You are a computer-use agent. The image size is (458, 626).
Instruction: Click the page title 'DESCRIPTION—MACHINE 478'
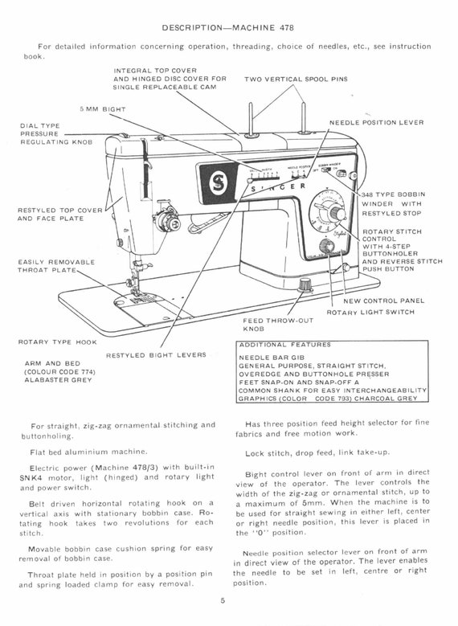coord(227,27)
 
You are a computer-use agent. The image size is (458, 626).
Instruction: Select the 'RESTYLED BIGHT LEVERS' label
coord(156,354)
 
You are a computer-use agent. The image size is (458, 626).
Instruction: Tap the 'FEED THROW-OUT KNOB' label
coord(267,324)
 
